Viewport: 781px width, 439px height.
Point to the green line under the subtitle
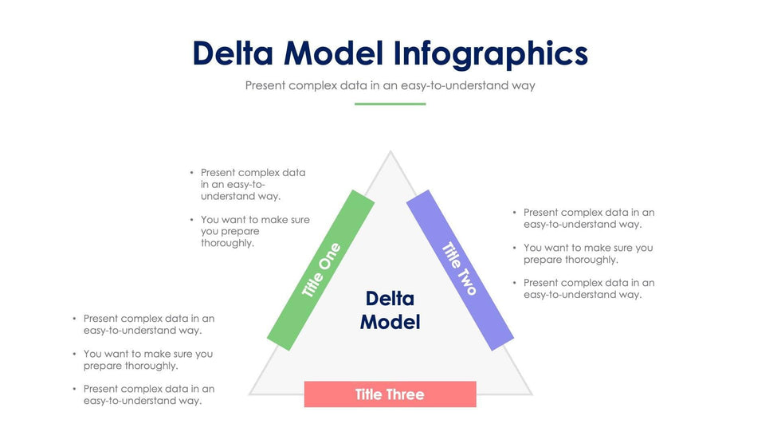pyautogui.click(x=390, y=104)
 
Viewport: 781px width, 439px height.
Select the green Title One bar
pyautogui.click(x=320, y=269)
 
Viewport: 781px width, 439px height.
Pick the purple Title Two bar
pyautogui.click(x=460, y=269)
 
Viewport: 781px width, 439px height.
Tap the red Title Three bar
pyautogui.click(x=390, y=394)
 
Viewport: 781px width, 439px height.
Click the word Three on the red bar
pyautogui.click(x=406, y=394)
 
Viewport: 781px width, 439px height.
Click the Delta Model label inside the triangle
pyautogui.click(x=390, y=310)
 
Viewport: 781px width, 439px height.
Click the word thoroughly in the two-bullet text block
pyautogui.click(x=226, y=243)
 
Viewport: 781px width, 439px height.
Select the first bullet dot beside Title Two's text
pyautogui.click(x=514, y=213)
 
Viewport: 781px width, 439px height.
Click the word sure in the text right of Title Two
pyautogui.click(x=625, y=248)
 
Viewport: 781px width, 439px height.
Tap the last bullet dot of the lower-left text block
pyautogui.click(x=73, y=389)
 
